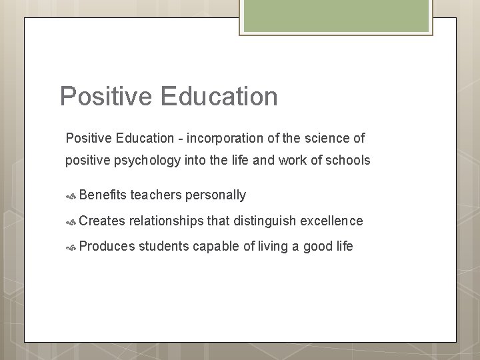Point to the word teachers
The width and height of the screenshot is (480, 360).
pos(157,195)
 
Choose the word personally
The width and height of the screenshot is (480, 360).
pos(217,195)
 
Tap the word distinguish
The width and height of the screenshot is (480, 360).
pos(263,221)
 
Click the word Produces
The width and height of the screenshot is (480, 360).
pos(106,246)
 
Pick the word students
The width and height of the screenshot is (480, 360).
pos(164,246)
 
